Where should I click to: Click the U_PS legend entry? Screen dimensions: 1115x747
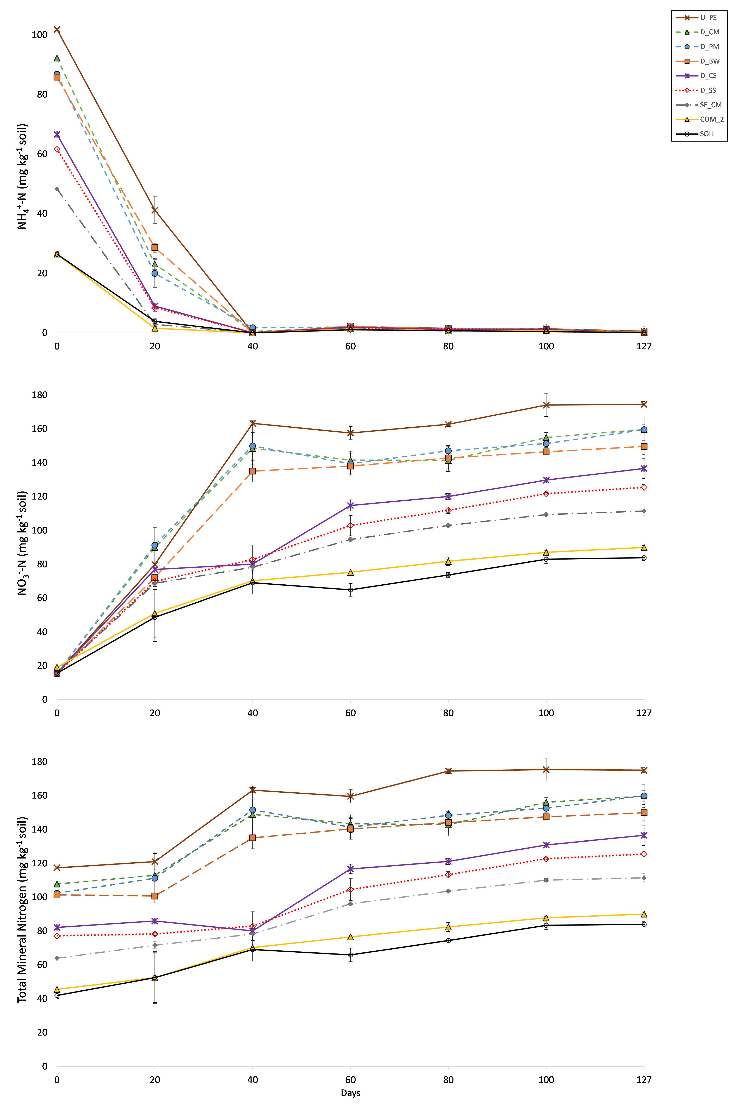(x=700, y=18)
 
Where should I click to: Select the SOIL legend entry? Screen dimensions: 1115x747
(x=700, y=134)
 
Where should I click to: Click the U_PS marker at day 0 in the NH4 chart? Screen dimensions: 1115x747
(x=57, y=29)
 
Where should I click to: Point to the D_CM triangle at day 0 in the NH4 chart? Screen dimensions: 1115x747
(x=57, y=58)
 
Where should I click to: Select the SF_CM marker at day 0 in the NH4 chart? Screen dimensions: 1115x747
(x=57, y=189)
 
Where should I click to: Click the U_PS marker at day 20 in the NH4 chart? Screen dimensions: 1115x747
(x=155, y=210)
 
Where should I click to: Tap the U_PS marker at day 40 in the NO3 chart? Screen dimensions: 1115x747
(x=252, y=423)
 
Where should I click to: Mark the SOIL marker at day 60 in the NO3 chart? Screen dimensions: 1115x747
(x=351, y=590)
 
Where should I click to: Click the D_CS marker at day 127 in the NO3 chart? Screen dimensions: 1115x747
(x=644, y=468)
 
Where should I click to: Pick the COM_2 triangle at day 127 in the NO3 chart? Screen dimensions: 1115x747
(x=644, y=547)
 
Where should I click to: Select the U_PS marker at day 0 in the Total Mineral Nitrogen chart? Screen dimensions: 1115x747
(x=57, y=868)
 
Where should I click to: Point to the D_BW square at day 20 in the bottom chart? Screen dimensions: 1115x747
(x=155, y=896)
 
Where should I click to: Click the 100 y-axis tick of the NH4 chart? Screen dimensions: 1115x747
(x=40, y=35)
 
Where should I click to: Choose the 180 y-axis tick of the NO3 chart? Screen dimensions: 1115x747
(x=40, y=395)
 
